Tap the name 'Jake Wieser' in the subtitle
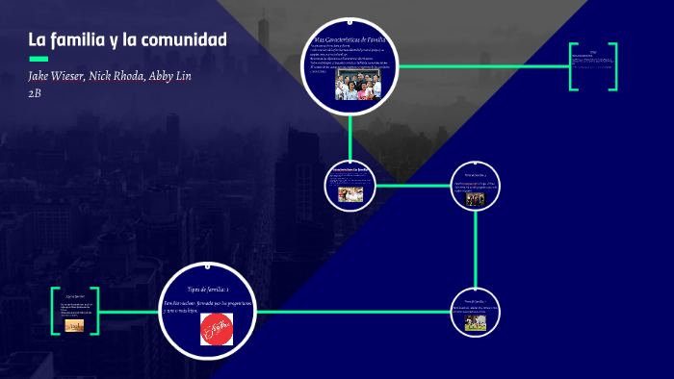point(56,76)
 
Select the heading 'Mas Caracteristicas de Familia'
point(350,39)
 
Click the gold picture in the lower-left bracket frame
point(74,325)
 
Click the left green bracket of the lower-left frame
point(56,312)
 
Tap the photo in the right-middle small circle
point(476,199)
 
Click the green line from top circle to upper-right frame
point(481,66)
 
